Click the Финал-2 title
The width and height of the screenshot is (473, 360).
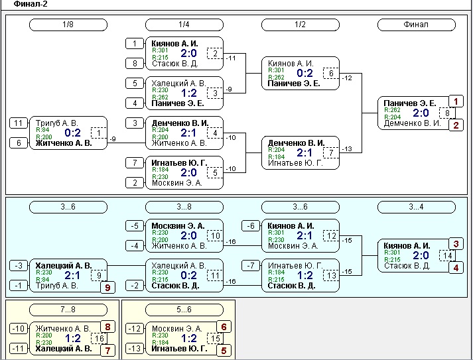pos(31,4)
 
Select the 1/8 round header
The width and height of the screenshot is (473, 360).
pos(68,25)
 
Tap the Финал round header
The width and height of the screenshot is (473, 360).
pos(417,25)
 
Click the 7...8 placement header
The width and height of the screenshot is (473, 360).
pos(68,310)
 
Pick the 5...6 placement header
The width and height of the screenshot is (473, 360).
pos(184,310)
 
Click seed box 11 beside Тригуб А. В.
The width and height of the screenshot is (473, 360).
pos(19,123)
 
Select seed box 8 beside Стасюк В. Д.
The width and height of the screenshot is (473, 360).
pos(135,64)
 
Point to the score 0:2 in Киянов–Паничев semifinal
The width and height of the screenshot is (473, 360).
pos(304,73)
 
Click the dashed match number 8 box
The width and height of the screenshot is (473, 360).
pos(447,113)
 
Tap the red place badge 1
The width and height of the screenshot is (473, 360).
pos(456,101)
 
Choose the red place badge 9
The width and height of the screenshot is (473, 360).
pos(107,287)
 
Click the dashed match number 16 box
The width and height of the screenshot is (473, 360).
pos(100,339)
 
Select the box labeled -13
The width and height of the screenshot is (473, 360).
pos(135,349)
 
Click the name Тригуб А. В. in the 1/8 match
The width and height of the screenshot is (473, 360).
pos(56,123)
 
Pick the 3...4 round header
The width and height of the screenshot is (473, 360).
pos(417,207)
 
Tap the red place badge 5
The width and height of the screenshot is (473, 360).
pos(224,350)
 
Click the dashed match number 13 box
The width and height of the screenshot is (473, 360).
pos(331,276)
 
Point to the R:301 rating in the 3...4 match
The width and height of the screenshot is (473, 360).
pos(392,253)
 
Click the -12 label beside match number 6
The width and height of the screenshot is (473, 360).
pos(348,78)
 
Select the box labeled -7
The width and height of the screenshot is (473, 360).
pos(251,266)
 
